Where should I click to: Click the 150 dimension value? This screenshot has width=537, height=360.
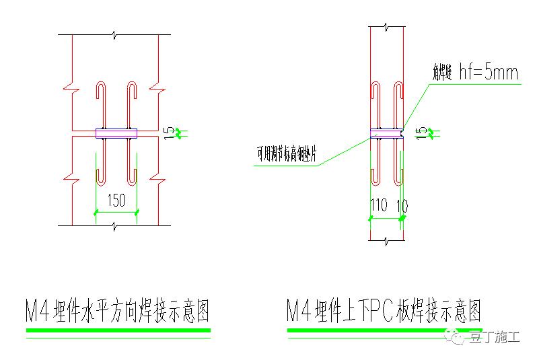[116, 200]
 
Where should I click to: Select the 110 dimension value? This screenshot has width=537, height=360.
[379, 205]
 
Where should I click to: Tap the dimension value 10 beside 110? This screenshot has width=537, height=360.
[402, 205]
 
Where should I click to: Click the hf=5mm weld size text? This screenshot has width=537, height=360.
[488, 73]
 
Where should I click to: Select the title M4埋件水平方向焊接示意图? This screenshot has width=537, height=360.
[118, 310]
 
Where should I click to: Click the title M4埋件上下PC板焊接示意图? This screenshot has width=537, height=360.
[384, 310]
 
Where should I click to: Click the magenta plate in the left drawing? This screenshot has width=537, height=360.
[116, 133]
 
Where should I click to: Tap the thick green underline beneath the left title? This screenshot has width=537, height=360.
[118, 330]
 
